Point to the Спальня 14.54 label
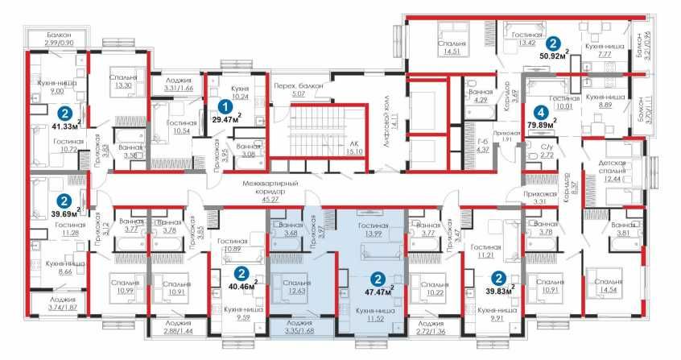pyautogui.click(x=609, y=286)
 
